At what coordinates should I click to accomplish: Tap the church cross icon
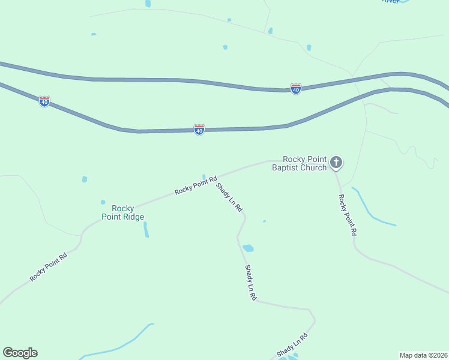click(336, 162)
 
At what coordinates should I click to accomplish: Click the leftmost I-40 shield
click(44, 101)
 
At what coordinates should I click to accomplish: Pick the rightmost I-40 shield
click(295, 89)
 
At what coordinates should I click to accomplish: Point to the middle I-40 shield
click(199, 130)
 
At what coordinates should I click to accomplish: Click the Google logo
click(20, 353)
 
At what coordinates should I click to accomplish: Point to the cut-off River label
click(391, 2)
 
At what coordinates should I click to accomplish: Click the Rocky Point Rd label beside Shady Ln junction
click(196, 185)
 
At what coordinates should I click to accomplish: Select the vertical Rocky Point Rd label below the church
click(348, 215)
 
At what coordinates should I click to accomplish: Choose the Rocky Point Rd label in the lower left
click(49, 267)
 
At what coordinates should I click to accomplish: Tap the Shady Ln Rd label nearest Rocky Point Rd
click(229, 197)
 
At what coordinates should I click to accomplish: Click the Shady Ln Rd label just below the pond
click(250, 282)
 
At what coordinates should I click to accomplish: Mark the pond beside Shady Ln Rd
click(248, 248)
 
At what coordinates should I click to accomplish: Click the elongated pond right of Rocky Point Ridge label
click(146, 229)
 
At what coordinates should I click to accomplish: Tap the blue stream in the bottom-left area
click(120, 347)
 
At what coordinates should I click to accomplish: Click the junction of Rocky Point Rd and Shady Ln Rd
click(215, 178)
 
